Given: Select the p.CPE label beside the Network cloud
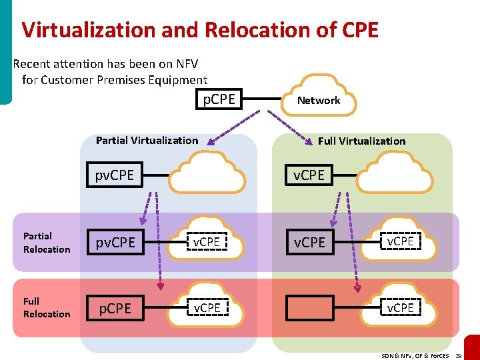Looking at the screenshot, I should tap(219, 99).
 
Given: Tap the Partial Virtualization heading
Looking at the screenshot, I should tap(147, 140).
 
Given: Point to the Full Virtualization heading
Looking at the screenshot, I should tap(361, 141).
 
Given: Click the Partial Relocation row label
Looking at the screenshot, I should tap(46, 243).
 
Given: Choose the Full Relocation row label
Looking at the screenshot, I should tap(46, 307).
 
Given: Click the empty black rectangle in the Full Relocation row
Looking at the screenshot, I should tap(310, 307).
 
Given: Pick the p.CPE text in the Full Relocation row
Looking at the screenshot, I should tap(115, 308).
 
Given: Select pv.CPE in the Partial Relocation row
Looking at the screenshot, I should tap(115, 243).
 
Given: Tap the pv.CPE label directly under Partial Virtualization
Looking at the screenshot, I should tap(115, 175).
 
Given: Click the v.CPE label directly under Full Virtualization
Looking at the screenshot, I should tap(309, 175).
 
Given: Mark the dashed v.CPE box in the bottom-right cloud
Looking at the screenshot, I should tap(400, 307).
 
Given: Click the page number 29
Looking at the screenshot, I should tap(458, 356).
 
